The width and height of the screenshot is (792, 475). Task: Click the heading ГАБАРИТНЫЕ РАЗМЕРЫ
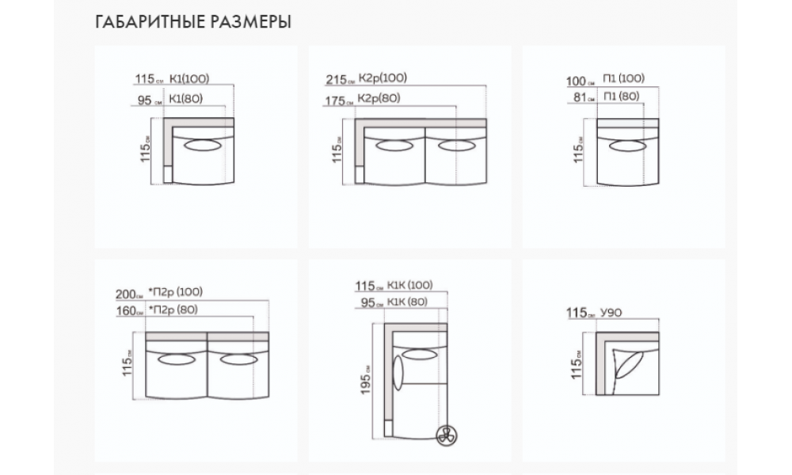(193, 21)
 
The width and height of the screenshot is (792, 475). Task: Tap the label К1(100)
(189, 78)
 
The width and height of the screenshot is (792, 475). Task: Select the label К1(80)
(185, 98)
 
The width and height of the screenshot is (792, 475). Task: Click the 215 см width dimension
(340, 80)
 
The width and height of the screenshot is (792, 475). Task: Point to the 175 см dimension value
(339, 101)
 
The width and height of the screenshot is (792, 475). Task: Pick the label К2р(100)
(383, 78)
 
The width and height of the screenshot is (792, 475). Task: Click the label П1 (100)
(624, 78)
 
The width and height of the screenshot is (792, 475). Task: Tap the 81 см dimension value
(584, 97)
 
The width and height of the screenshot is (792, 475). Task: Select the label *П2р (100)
(175, 292)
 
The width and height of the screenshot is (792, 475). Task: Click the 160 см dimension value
(129, 311)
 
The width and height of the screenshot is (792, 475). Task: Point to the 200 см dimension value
(129, 294)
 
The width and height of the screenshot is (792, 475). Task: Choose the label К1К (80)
(407, 302)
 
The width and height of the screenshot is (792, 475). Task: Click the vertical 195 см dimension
(366, 379)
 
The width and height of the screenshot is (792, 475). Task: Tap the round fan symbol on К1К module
(447, 435)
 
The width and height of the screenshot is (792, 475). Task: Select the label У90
(611, 313)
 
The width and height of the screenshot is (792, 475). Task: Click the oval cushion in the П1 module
(627, 146)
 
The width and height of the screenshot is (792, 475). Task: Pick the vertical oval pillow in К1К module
(398, 373)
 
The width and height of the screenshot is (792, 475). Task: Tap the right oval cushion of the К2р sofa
(457, 146)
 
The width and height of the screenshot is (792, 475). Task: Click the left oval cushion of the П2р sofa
(177, 359)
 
